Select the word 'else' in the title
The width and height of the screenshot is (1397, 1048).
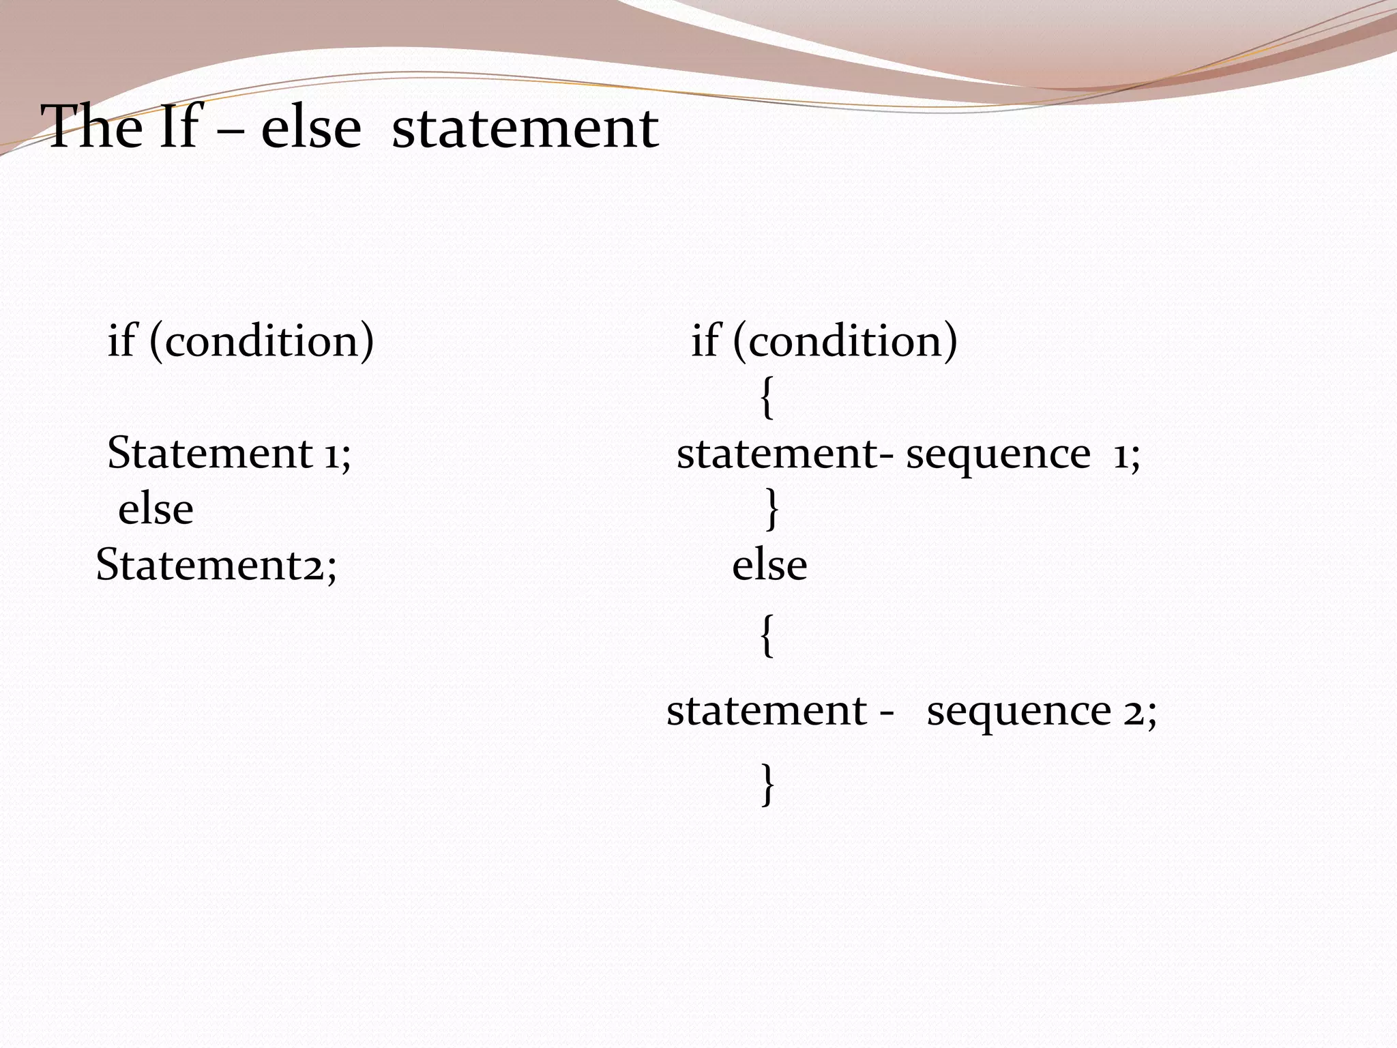(x=311, y=128)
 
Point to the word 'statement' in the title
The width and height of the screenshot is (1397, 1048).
(x=525, y=128)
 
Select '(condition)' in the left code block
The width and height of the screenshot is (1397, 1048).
(x=261, y=340)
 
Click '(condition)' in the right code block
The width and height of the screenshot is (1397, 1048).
(x=845, y=340)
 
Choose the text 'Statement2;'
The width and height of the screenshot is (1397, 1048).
(x=216, y=565)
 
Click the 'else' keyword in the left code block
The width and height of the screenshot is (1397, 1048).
(x=156, y=510)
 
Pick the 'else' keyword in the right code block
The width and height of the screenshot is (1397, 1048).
(x=769, y=566)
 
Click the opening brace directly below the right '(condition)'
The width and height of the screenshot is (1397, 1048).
(x=767, y=398)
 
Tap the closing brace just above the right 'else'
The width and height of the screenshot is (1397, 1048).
(x=771, y=509)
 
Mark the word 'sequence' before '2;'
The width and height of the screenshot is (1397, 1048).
(x=1019, y=712)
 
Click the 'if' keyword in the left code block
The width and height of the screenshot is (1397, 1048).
(x=121, y=340)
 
